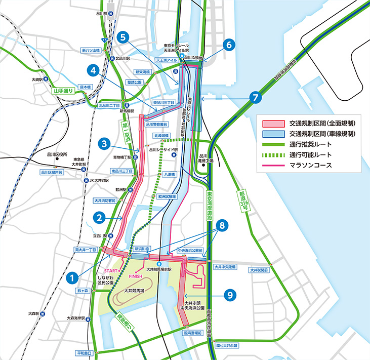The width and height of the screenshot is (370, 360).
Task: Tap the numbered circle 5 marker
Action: click(123, 37)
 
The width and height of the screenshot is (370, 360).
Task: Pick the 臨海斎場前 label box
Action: click(193, 334)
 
